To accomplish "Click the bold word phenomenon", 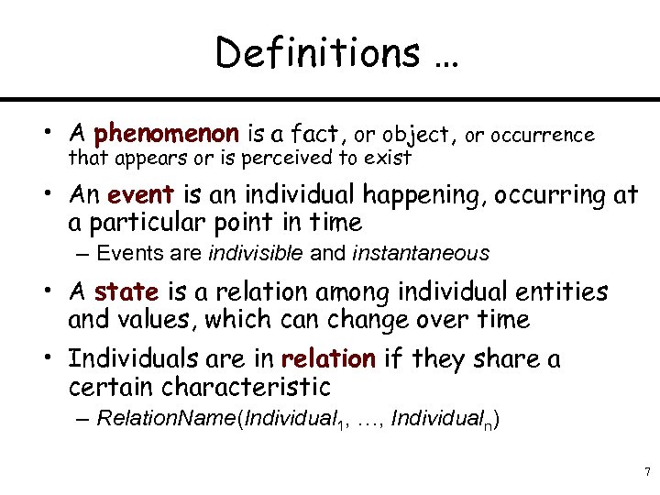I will pos(167,136).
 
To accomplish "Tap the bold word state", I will pos(126,292).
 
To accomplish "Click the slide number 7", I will pos(647,473).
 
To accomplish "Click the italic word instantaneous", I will pos(420,253).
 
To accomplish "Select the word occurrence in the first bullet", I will pos(530,136).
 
